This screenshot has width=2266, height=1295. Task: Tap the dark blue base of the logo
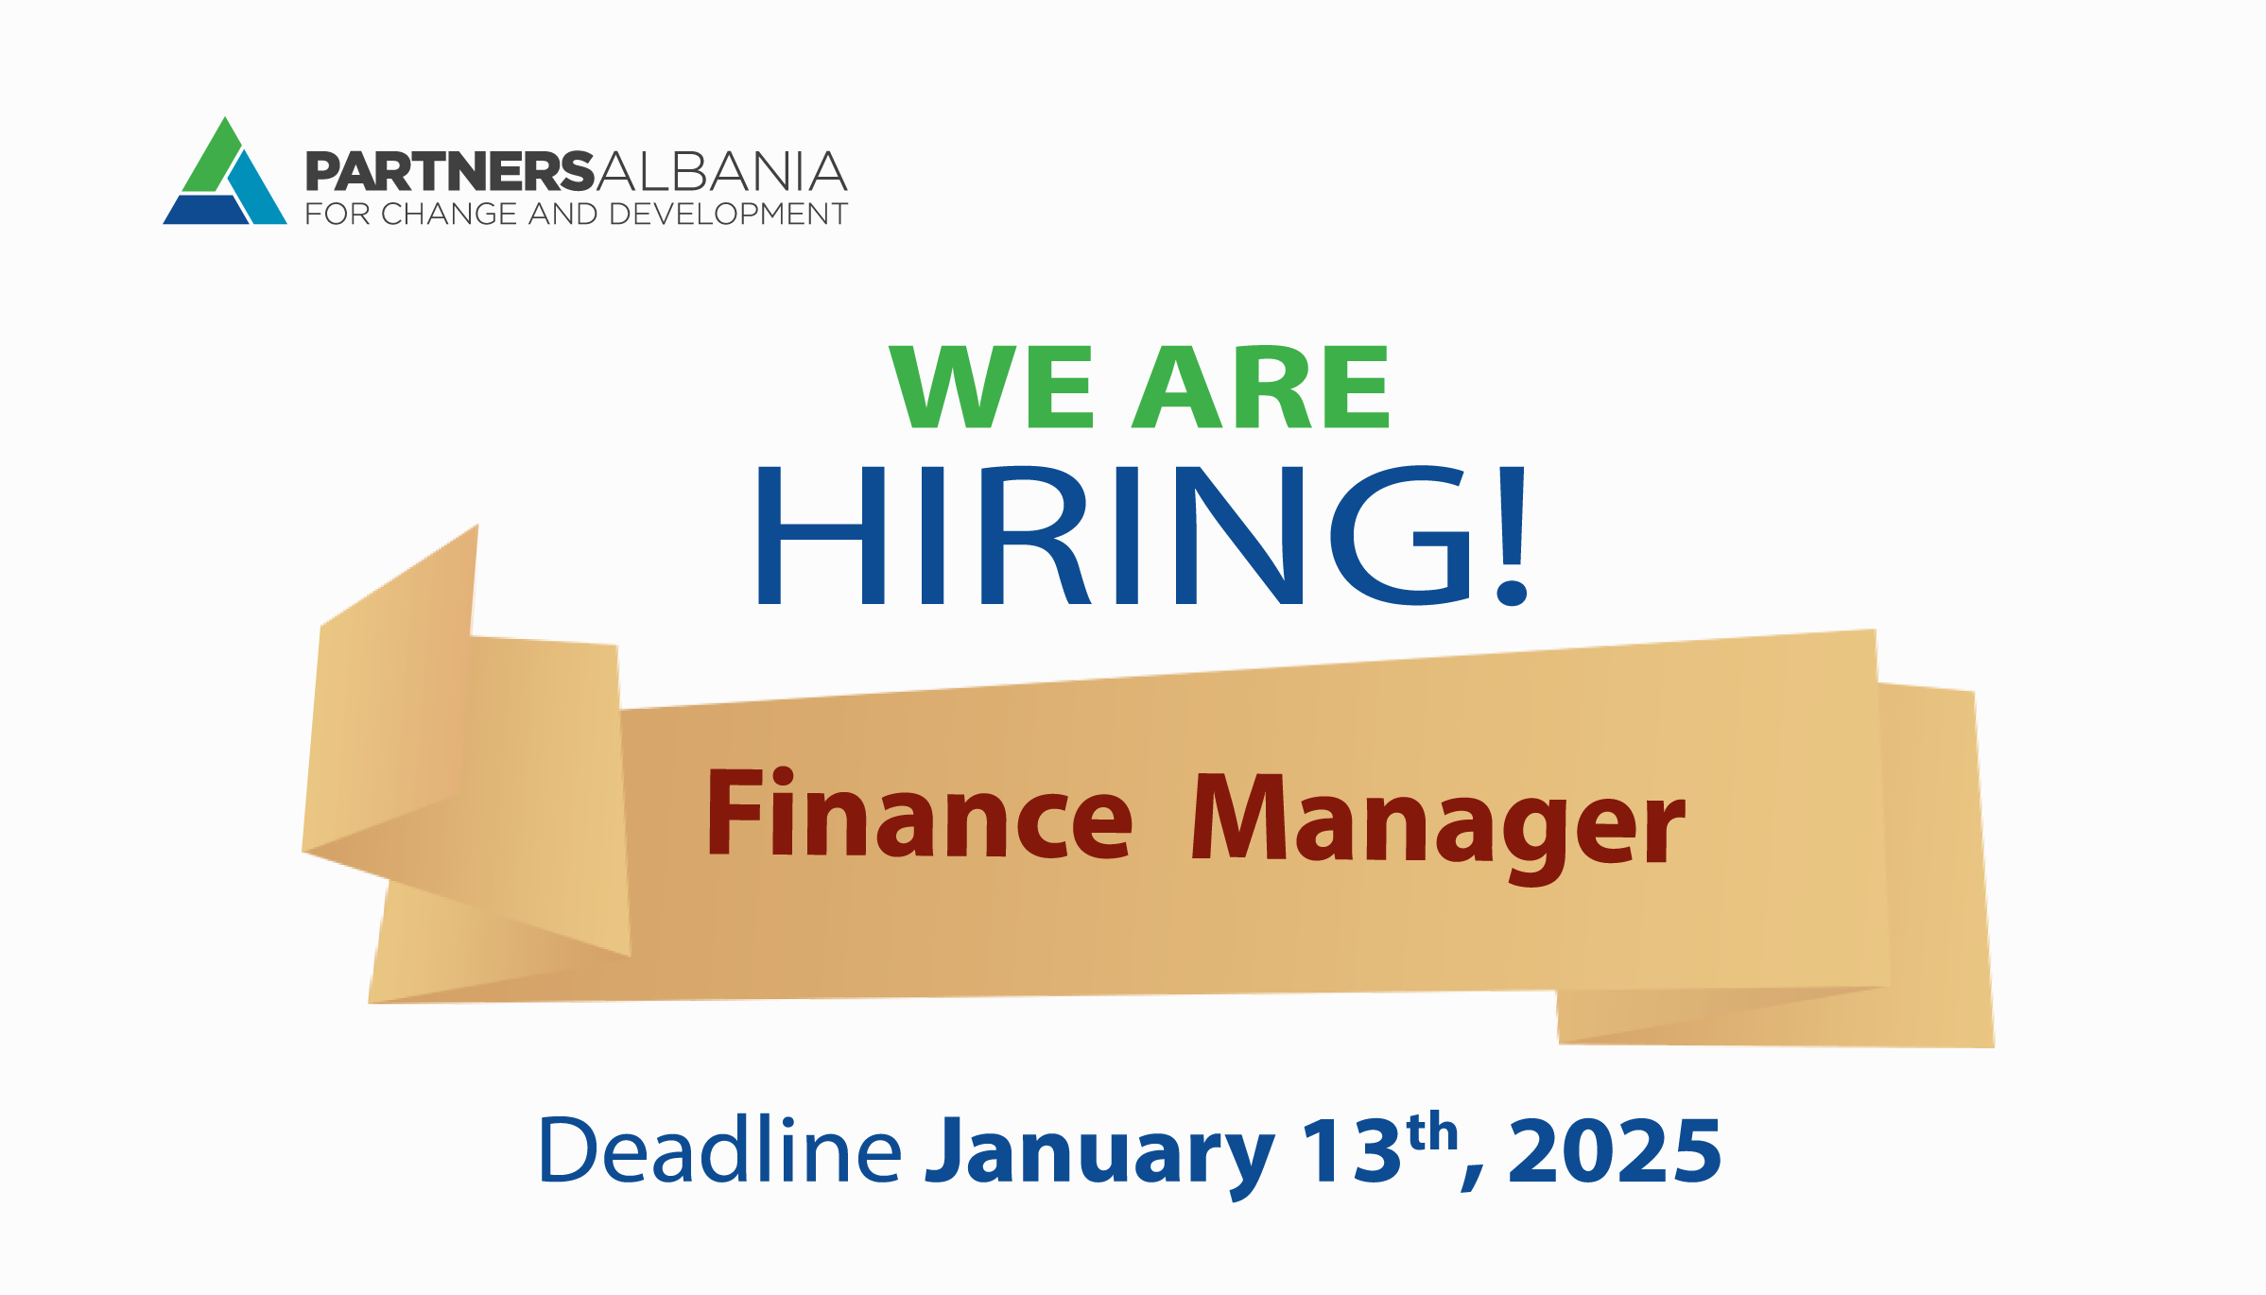pos(206,209)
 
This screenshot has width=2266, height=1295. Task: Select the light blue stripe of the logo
pos(256,188)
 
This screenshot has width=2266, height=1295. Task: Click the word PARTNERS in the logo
pos(450,171)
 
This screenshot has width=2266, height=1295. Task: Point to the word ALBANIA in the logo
pos(721,171)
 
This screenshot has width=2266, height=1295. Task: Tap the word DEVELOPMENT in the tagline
pos(728,214)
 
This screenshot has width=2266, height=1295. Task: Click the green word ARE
pos(1260,386)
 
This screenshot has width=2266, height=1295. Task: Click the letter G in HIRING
pos(1400,535)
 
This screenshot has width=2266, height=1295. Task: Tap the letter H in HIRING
pos(821,535)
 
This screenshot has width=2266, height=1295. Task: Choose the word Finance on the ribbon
pos(920,814)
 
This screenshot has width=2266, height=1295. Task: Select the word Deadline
pos(719,1148)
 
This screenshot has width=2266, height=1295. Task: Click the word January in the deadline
pos(1100,1156)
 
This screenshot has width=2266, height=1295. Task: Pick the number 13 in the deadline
pos(1352,1149)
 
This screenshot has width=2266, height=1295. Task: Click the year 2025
pos(1615,1149)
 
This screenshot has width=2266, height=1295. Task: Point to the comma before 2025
pos(1473,1178)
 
